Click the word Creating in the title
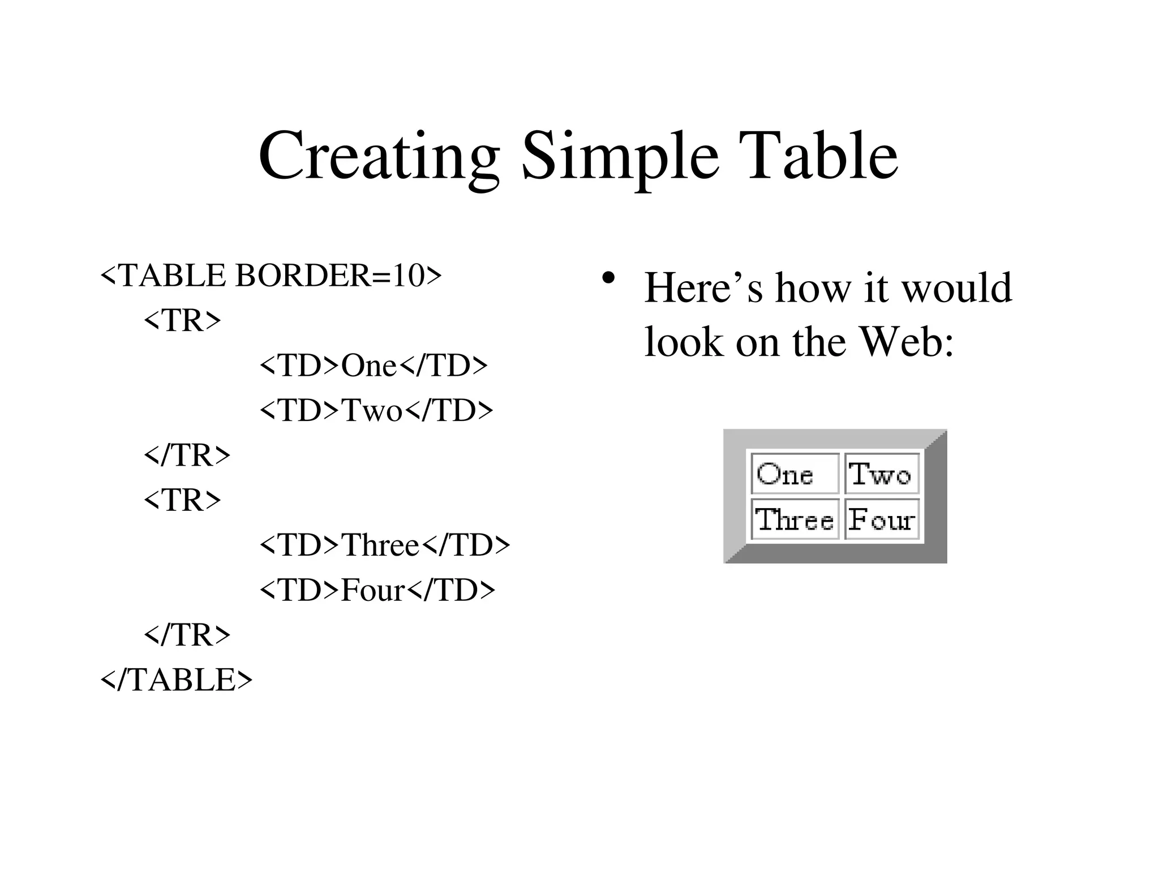[x=379, y=156]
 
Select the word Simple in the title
[x=620, y=156]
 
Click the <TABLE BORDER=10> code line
[x=271, y=276]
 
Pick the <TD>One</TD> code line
[x=374, y=365]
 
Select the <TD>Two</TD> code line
[x=376, y=410]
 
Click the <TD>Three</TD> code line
[x=385, y=545]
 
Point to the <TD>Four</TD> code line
[x=377, y=590]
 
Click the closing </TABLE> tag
[x=176, y=679]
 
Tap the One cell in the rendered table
[x=795, y=474]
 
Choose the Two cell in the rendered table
[x=881, y=474]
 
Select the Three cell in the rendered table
[x=795, y=519]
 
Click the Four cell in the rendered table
[x=881, y=519]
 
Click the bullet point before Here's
[x=608, y=278]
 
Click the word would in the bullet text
[x=956, y=288]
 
